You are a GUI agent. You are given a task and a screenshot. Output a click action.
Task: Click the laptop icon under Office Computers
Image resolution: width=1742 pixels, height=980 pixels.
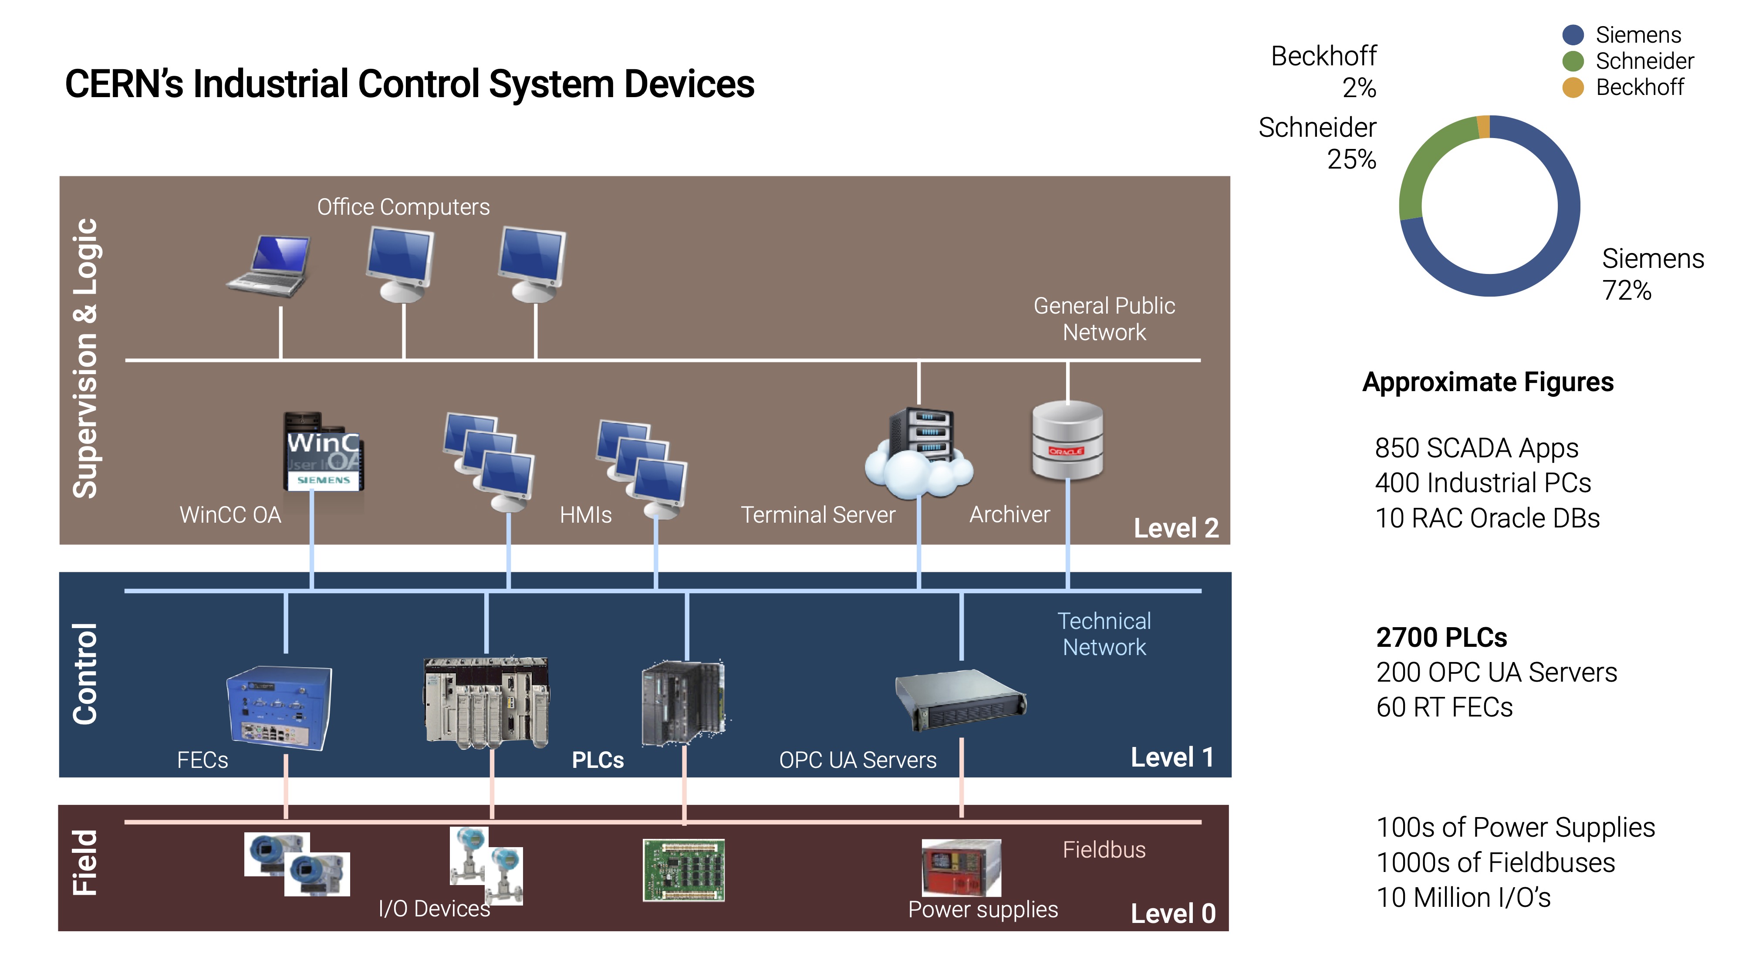click(269, 266)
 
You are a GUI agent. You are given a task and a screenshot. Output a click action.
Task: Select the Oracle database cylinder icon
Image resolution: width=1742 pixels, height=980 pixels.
click(1067, 440)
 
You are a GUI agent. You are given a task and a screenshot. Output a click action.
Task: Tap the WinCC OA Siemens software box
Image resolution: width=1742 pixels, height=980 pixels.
click(323, 451)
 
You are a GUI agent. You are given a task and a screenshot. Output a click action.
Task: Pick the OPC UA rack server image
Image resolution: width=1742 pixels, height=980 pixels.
click(960, 700)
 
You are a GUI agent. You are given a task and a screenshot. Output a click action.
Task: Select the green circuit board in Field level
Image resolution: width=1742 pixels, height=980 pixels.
click(683, 870)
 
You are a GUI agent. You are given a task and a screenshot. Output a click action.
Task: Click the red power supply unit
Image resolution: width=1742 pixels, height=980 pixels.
click(961, 867)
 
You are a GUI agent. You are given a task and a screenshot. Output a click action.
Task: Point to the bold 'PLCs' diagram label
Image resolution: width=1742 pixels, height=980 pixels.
click(597, 760)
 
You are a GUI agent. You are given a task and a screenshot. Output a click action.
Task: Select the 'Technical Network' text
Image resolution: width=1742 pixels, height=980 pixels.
click(1104, 634)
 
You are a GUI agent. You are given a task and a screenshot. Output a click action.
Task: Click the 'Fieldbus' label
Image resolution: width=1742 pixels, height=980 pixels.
click(1104, 849)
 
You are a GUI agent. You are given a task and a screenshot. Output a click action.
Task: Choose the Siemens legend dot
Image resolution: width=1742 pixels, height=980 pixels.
click(1573, 34)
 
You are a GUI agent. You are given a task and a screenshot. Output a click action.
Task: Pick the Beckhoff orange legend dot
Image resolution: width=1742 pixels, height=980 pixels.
click(1573, 87)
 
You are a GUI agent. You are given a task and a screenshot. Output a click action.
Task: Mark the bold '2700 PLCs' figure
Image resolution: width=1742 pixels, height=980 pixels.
click(1441, 637)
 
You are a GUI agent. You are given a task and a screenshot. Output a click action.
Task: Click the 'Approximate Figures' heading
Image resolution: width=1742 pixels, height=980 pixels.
click(1488, 382)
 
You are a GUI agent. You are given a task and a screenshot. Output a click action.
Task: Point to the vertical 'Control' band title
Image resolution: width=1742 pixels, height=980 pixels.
click(86, 674)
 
